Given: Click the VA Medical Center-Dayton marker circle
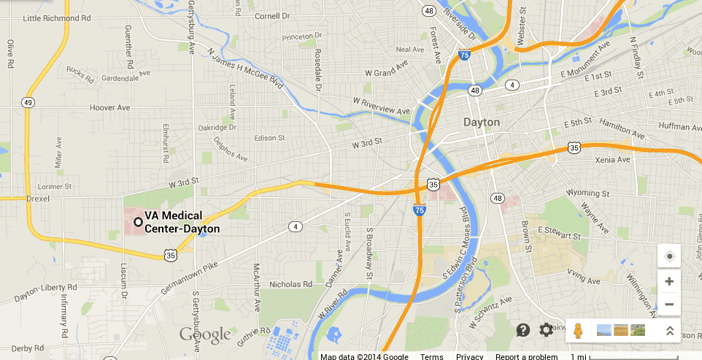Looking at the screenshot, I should [x=137, y=222].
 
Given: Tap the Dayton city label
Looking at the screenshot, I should [x=482, y=123].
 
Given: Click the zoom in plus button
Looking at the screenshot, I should [x=669, y=281].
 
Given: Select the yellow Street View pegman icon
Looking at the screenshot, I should [x=578, y=330].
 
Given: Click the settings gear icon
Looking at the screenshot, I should [x=546, y=330].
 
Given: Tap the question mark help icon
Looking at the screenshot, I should [x=522, y=330].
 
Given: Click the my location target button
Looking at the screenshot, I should [x=669, y=256].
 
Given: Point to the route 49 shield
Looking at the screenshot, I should [x=28, y=102].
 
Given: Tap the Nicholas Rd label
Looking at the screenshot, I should [x=290, y=284].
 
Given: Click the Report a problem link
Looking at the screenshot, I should [x=526, y=356].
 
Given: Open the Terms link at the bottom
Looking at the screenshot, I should [x=431, y=356].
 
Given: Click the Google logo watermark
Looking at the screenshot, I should [x=205, y=335].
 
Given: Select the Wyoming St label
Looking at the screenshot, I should [x=587, y=194].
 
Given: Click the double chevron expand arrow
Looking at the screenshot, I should [x=669, y=330].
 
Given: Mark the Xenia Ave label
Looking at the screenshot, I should [x=613, y=159].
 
